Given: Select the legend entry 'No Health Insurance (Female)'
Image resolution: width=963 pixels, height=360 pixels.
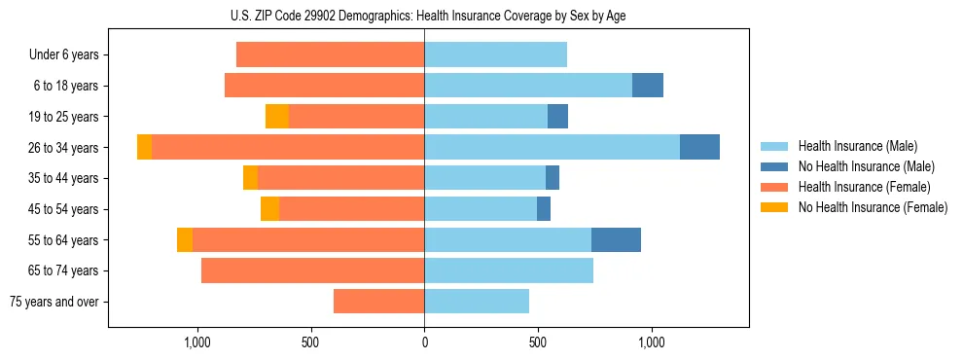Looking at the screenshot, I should coord(873,207).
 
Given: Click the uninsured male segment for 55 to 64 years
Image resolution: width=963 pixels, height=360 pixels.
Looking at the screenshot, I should coord(616,239).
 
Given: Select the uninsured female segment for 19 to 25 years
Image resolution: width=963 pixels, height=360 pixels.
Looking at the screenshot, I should coord(277,117).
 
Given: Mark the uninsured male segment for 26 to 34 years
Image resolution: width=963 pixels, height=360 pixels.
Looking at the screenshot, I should coord(699,147).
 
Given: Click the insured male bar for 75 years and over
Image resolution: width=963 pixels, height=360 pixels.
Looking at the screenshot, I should coord(477,302).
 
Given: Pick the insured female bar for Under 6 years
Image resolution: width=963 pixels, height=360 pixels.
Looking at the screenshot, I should coord(331,54).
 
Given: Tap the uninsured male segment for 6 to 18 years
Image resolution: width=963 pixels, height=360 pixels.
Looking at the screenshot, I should coord(648,86).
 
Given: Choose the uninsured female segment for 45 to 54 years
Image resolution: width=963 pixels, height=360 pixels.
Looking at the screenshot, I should coord(269,209).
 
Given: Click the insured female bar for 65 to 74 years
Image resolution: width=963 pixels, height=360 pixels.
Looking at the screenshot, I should coord(313,270).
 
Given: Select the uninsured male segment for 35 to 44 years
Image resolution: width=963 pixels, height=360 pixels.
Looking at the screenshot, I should coord(553,178).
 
